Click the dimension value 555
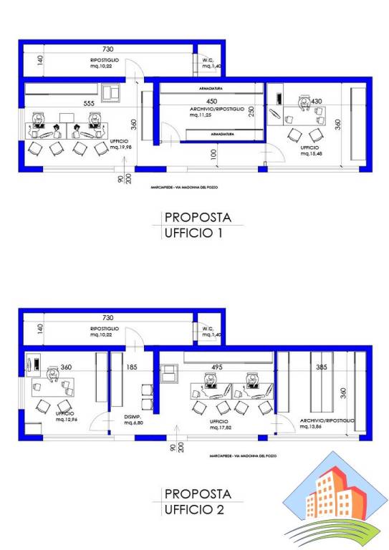pos(89,104)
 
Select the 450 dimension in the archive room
pos(212,101)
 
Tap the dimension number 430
pos(316,102)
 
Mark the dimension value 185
pos(133,367)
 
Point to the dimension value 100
pos(213,154)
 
